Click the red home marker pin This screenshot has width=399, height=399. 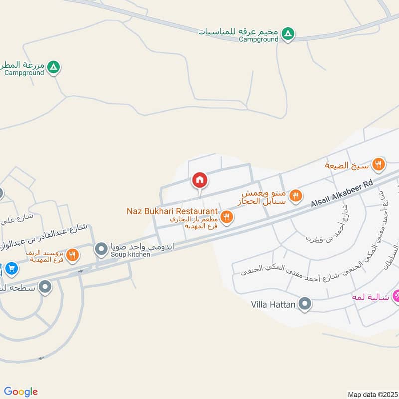point(199,180)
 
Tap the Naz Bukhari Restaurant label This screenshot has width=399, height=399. point(172,211)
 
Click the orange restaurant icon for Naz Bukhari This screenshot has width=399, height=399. point(227,216)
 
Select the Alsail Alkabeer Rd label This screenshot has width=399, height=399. point(342,194)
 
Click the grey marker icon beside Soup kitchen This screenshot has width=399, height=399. point(102,248)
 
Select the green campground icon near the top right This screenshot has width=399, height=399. point(287,34)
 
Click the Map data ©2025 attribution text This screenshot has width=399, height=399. point(372,394)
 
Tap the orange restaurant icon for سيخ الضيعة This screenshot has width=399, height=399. point(379,163)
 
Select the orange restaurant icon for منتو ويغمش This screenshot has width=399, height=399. point(296,196)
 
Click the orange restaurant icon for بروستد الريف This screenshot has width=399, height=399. point(73,255)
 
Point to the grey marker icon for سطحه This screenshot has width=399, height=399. point(45,286)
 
